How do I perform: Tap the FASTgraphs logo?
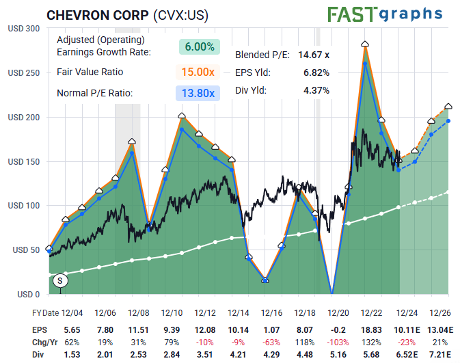pos(385,14)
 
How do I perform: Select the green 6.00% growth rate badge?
pos(200,46)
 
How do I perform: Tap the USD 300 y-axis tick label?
pos(23,29)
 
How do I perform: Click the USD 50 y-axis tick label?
pos(25,250)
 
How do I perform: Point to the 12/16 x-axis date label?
pos(271,312)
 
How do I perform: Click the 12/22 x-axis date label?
pos(370,312)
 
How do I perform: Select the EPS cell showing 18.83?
pos(370,329)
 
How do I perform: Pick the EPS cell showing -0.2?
pos(338,329)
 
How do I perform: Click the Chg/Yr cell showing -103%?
pos(338,342)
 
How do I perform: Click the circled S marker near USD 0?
pos(59,280)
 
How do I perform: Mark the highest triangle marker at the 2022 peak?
pos(365,44)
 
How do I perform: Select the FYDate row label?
pos(46,312)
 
